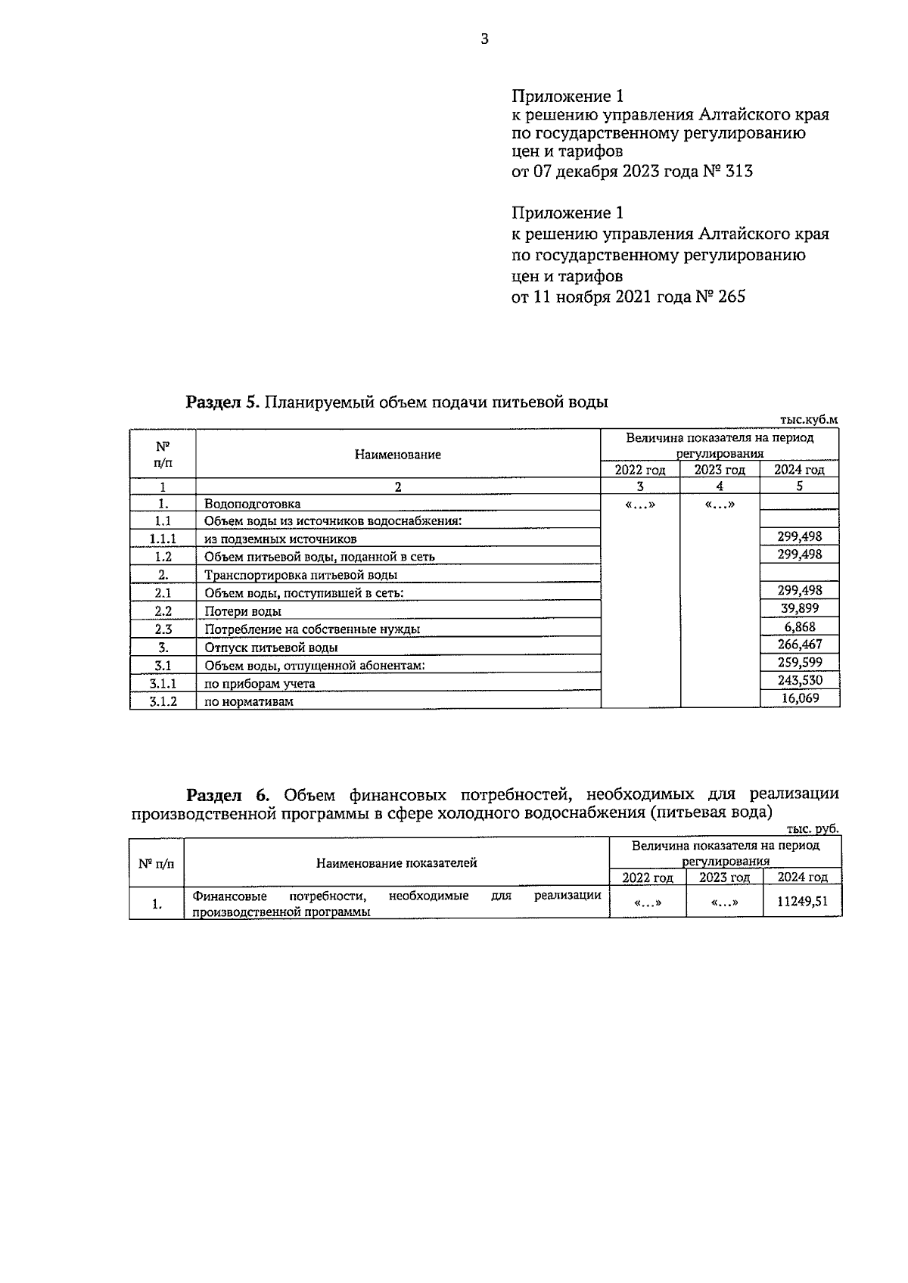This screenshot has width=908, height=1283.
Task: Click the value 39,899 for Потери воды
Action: coord(800,608)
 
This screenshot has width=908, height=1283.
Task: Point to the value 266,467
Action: coord(800,645)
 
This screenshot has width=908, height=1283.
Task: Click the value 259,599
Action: coord(800,663)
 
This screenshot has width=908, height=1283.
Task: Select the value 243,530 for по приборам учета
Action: coord(800,681)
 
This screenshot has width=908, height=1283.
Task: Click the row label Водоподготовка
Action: coord(252,504)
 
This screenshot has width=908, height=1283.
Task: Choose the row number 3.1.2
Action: coord(163,701)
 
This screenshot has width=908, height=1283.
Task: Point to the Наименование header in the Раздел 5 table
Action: coord(397,455)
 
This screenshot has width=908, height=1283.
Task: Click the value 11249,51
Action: coord(803,902)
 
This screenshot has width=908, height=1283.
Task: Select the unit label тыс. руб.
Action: coord(813,829)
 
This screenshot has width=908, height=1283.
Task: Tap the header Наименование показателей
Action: coord(396,863)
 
